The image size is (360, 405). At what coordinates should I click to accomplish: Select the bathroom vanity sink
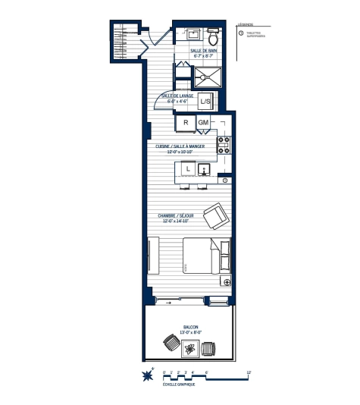coord(192,35)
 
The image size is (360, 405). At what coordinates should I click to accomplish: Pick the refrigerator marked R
coord(186,122)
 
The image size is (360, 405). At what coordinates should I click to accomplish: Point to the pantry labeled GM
coord(203,122)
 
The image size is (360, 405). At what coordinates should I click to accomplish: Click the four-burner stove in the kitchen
coord(224,145)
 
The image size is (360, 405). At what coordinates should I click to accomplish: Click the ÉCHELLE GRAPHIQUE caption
coord(179,385)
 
